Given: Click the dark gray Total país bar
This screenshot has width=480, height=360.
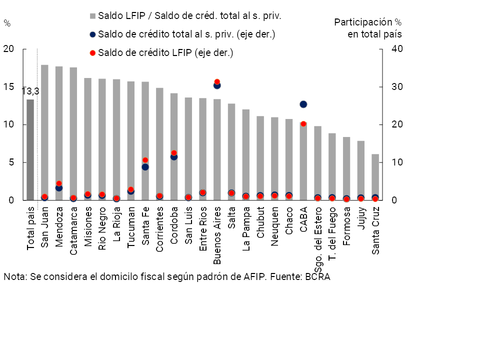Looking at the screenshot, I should pos(30,150).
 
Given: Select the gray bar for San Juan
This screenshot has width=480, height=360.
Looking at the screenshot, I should pos(44,130).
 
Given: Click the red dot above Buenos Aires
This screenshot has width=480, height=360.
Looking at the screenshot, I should pos(217,81).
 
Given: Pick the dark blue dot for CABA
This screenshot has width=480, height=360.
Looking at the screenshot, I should pos(303,104).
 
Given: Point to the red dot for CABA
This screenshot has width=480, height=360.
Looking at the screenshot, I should pos(303,123).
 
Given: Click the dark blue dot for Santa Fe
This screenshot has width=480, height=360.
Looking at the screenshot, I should pos(145,167).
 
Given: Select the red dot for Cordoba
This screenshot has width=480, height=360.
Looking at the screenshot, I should pos(174,153).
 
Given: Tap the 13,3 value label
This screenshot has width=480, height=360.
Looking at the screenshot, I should pos(30,91).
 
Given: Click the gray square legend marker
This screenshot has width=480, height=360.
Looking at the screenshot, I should pos(92,16).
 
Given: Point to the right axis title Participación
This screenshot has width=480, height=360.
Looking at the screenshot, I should pos(363,22).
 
